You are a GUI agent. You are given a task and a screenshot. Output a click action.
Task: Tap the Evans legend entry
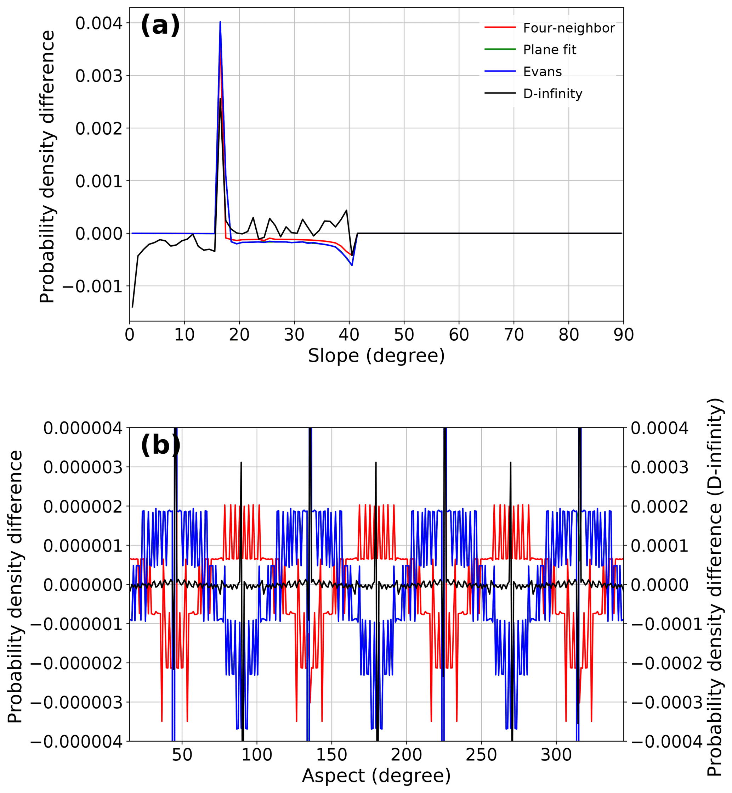542,72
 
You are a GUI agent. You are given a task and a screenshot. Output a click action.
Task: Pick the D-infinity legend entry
552,94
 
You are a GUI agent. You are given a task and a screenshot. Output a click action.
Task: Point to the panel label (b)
160,445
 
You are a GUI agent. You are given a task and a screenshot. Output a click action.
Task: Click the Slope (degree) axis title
376,356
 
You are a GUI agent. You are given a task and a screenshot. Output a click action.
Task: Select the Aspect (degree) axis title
376,776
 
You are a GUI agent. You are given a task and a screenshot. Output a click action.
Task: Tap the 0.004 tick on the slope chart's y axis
99,23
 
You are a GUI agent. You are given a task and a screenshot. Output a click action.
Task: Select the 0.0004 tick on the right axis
659,428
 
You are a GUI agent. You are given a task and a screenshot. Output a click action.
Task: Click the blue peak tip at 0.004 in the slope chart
220,22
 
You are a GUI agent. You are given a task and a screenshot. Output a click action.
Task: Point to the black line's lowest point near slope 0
132,307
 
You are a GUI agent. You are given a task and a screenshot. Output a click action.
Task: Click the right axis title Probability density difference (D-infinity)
715,587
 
